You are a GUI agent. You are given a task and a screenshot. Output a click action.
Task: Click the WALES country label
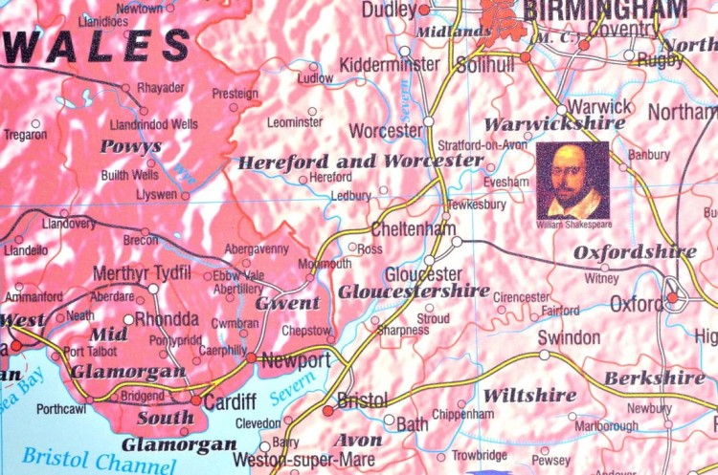(96, 46)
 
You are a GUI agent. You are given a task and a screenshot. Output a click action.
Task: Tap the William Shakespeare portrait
(572, 181)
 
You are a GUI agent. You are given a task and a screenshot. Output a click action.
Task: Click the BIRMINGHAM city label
(605, 11)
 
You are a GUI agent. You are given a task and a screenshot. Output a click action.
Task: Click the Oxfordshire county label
(635, 252)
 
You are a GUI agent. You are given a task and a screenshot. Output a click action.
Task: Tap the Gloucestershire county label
(414, 291)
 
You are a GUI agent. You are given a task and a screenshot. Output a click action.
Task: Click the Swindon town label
(569, 337)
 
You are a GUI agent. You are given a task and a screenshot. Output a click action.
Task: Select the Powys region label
(130, 147)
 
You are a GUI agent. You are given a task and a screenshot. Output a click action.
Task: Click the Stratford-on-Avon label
(483, 146)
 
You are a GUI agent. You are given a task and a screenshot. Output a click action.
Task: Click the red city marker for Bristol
(328, 410)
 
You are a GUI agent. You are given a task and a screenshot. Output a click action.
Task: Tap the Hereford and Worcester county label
(360, 162)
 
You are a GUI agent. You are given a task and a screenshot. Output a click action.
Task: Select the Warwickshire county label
(555, 123)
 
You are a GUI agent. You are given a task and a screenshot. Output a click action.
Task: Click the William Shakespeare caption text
(572, 225)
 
